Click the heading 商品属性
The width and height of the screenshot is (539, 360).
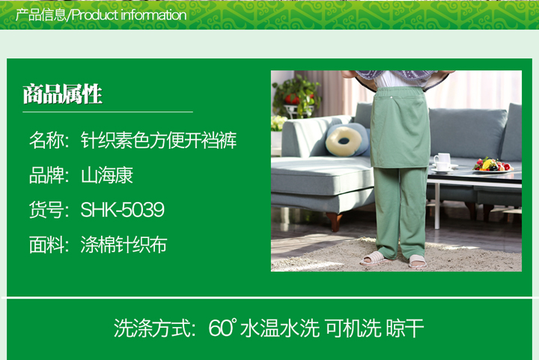pyautogui.click(x=63, y=94)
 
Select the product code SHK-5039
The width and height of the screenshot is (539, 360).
pyautogui.click(x=122, y=210)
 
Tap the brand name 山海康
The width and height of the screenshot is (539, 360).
pyautogui.click(x=107, y=175)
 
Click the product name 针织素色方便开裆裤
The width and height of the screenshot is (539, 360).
pyautogui.click(x=159, y=140)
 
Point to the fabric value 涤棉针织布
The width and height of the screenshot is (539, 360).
pyautogui.click(x=124, y=245)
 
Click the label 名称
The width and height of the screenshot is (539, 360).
pyautogui.click(x=46, y=140)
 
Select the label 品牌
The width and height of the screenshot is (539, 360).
pyautogui.click(x=46, y=175)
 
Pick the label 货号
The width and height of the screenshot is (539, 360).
pyautogui.click(x=46, y=210)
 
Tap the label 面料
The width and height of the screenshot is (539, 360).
pyautogui.click(x=46, y=245)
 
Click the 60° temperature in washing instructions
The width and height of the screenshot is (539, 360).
pyautogui.click(x=223, y=328)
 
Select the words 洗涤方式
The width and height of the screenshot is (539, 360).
pyautogui.click(x=152, y=328)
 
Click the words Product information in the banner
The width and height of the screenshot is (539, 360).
pyautogui.click(x=129, y=15)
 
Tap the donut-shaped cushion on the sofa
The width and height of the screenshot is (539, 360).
pyautogui.click(x=344, y=140)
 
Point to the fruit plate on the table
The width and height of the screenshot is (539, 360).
pyautogui.click(x=493, y=165)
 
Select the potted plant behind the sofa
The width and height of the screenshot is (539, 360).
pyautogui.click(x=296, y=97)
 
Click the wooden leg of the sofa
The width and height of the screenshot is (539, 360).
pyautogui.click(x=334, y=221)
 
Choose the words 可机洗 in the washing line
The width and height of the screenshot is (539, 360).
pyautogui.click(x=353, y=328)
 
